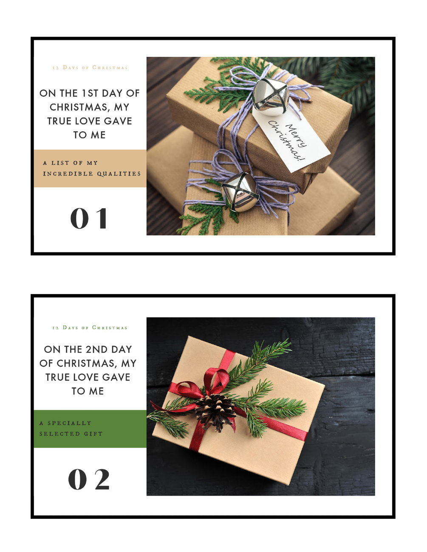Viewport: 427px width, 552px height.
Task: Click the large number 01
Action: [88, 219]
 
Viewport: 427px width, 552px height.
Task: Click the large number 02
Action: [89, 479]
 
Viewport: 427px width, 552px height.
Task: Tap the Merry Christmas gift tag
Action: [291, 138]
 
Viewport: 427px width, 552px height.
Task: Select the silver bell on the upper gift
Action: [270, 97]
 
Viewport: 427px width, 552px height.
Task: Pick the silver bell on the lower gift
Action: [240, 192]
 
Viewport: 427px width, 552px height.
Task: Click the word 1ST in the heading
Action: [90, 93]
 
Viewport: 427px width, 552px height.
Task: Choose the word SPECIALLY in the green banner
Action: [69, 423]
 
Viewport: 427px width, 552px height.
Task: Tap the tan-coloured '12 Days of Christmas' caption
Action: [90, 67]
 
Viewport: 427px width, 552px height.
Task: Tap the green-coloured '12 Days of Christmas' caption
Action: [90, 328]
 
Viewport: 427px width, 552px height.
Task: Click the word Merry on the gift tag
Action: [296, 135]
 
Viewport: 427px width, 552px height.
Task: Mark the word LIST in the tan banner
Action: [60, 163]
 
